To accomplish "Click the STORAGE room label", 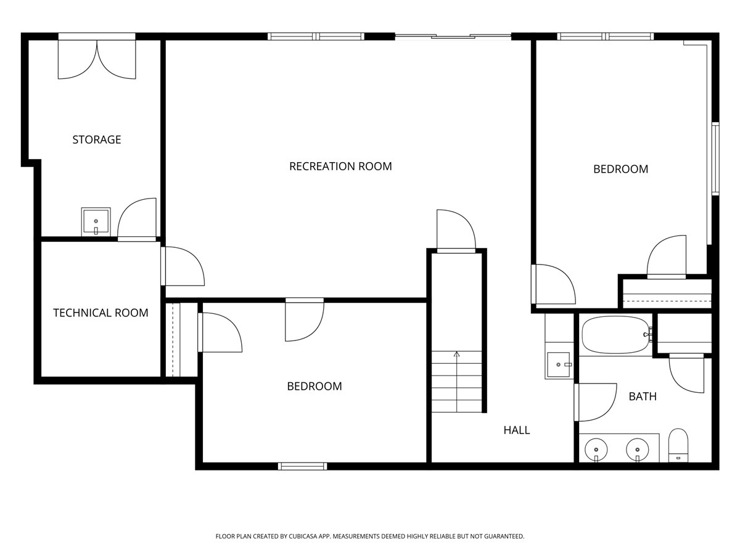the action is coord(96,139).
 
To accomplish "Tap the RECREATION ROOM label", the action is coord(340,166).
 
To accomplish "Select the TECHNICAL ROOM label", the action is coord(101,313).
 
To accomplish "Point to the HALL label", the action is coord(517,430).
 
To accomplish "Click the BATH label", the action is coord(643,397).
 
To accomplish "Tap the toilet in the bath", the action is coord(678,445).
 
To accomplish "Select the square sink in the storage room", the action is coord(96,221).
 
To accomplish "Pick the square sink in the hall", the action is coord(559,364).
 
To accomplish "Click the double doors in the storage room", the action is coord(97,59).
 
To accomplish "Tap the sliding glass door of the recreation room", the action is coord(453,36).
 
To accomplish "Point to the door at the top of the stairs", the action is coord(456,231).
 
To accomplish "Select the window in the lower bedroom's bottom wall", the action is coord(302,466).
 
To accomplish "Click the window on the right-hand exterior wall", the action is coord(715,158).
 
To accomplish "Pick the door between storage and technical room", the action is coord(137,220).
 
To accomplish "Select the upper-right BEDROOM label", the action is coord(620,169).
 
